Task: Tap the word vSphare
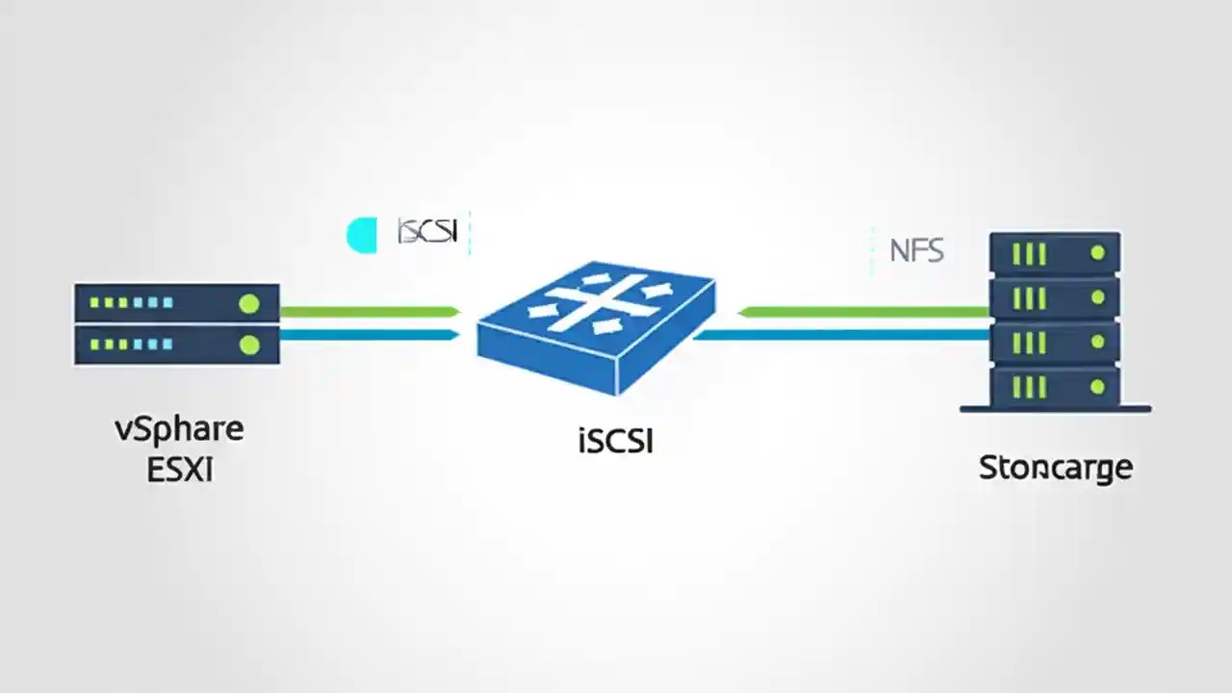pyautogui.click(x=179, y=428)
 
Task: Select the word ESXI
pyautogui.click(x=179, y=471)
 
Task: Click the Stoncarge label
pyautogui.click(x=1055, y=468)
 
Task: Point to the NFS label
pyautogui.click(x=916, y=251)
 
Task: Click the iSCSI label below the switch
pyautogui.click(x=616, y=441)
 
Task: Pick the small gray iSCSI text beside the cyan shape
pyautogui.click(x=427, y=232)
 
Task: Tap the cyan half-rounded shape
pyautogui.click(x=362, y=235)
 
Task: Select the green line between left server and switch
pyautogui.click(x=370, y=311)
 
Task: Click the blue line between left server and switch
pyautogui.click(x=370, y=335)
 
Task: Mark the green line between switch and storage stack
pyautogui.click(x=866, y=311)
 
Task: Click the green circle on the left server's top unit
pyautogui.click(x=249, y=304)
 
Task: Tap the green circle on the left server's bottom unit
pyautogui.click(x=249, y=344)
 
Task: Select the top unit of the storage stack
pyautogui.click(x=1055, y=254)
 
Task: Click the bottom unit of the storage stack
pyautogui.click(x=1055, y=387)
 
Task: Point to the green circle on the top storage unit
pyautogui.click(x=1097, y=254)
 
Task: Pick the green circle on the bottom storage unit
pyautogui.click(x=1097, y=387)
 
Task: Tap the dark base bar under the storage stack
pyautogui.click(x=1055, y=409)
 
